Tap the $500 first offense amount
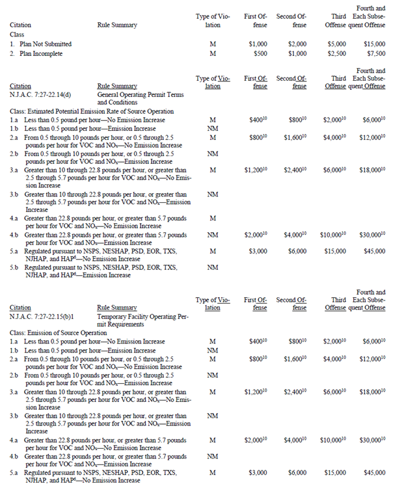(x=260, y=53)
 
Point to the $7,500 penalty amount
(x=375, y=53)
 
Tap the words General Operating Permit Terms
(x=139, y=95)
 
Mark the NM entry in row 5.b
(x=213, y=267)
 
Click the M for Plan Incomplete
(x=213, y=53)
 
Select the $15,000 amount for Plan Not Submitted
(x=374, y=44)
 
